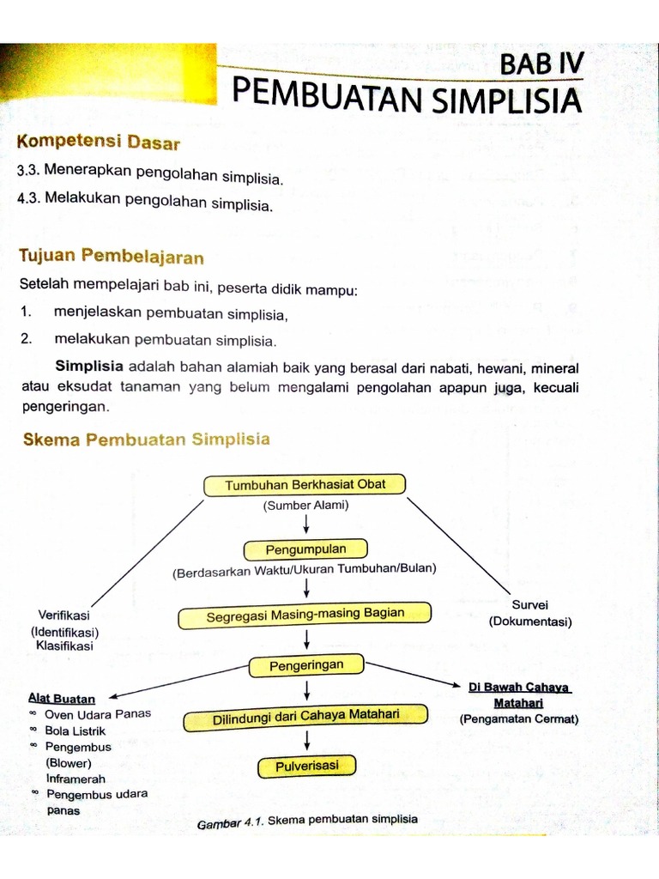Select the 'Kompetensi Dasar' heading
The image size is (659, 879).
point(98,141)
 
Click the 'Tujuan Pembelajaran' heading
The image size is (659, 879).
point(111,256)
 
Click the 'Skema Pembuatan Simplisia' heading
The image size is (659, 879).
point(145,439)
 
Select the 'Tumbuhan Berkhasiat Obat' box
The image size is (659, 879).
point(305,484)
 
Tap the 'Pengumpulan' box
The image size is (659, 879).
point(305,549)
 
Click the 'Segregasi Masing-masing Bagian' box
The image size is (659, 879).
point(305,615)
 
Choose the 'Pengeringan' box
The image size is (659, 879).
point(306,665)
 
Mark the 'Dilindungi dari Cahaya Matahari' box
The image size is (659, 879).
point(306,717)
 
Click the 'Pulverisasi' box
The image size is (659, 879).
point(305,766)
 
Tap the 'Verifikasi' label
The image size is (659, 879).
point(64,615)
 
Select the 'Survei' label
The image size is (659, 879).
point(529,604)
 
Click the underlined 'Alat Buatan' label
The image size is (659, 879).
point(62,698)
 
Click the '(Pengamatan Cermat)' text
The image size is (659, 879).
point(518,719)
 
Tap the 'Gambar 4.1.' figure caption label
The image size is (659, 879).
point(230,822)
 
